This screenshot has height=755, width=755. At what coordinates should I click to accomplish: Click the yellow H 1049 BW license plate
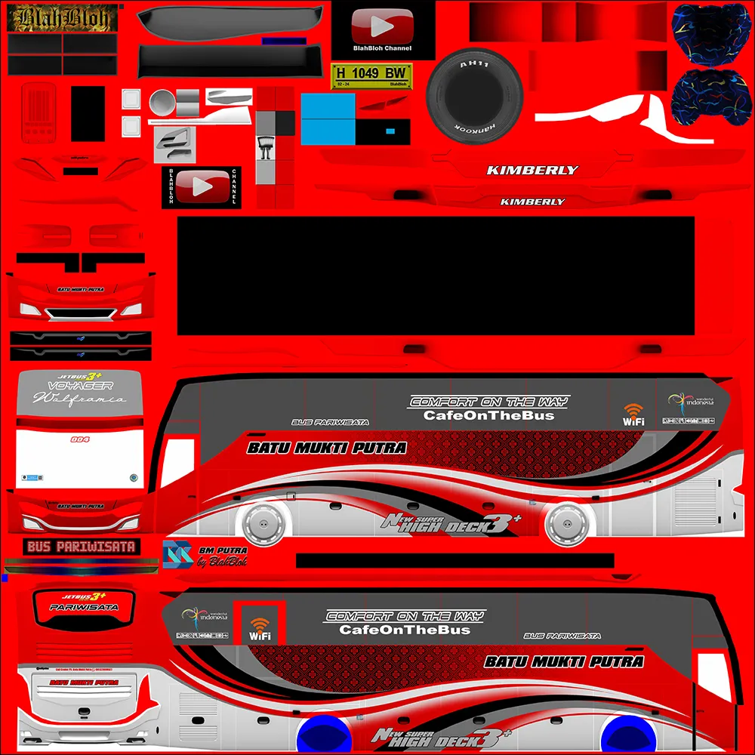pos(371,74)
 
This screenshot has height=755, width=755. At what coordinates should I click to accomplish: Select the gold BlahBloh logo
pos(62,18)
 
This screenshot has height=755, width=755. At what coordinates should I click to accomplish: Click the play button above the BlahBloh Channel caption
pos(383,27)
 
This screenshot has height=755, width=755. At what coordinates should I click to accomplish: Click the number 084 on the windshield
pos(79,439)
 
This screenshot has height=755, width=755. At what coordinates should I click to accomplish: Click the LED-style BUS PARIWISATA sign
pos(81,546)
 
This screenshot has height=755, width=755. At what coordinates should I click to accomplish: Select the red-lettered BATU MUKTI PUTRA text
pos(83,682)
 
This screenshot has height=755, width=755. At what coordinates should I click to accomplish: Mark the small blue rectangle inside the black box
pos(390,131)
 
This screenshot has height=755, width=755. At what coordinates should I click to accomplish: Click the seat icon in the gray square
pos(264,148)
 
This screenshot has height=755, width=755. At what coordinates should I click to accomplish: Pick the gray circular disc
pos(163,101)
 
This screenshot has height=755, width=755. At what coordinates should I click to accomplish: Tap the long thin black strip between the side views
pos(455,560)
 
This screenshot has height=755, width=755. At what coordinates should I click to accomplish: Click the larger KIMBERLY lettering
pos(532,171)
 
